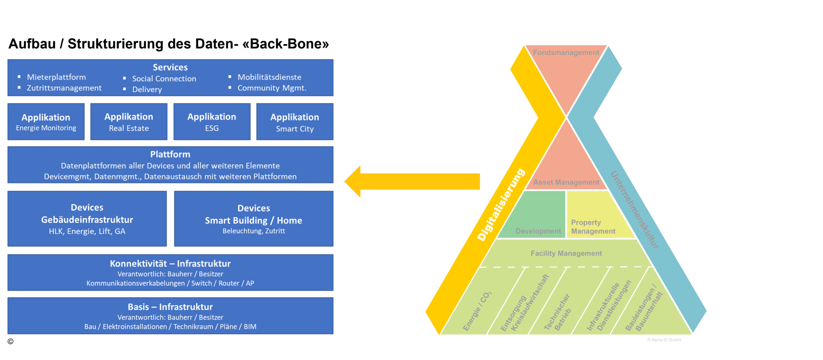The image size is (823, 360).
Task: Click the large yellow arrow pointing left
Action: [411, 181]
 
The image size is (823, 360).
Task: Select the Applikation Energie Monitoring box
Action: [46, 122]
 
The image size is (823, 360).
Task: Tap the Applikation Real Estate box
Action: [129, 122]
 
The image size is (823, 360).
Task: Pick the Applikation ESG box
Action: [212, 122]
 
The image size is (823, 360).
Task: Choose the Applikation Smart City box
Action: [294, 122]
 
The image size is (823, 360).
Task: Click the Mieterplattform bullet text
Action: [56, 77]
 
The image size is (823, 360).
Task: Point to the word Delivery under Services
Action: [147, 90]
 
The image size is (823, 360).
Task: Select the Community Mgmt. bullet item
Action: [272, 88]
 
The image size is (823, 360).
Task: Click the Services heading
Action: [170, 67]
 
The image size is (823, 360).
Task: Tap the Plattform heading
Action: [170, 154]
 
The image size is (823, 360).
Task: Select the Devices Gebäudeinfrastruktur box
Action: [87, 219]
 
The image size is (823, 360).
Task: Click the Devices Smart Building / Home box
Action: [253, 219]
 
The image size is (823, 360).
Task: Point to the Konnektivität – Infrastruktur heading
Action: [170, 264]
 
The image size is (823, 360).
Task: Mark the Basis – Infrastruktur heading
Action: [170, 307]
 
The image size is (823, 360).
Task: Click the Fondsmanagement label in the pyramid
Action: [566, 53]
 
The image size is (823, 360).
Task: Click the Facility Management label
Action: [566, 253]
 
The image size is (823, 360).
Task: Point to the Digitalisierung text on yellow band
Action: [501, 205]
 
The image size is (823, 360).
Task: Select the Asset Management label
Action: [566, 182]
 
